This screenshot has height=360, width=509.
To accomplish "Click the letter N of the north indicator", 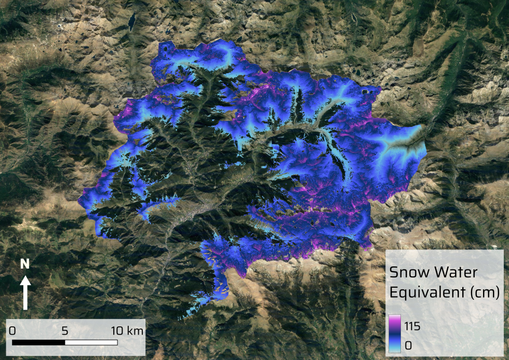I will click(24, 264).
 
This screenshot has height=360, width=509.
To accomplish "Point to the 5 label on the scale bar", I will click(65, 330).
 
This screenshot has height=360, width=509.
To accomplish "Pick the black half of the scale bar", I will click(38, 342).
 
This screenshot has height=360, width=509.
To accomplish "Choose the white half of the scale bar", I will click(91, 342).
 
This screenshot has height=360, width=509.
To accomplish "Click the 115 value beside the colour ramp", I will click(411, 326).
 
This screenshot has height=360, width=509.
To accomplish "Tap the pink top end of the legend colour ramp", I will click(395, 318).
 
